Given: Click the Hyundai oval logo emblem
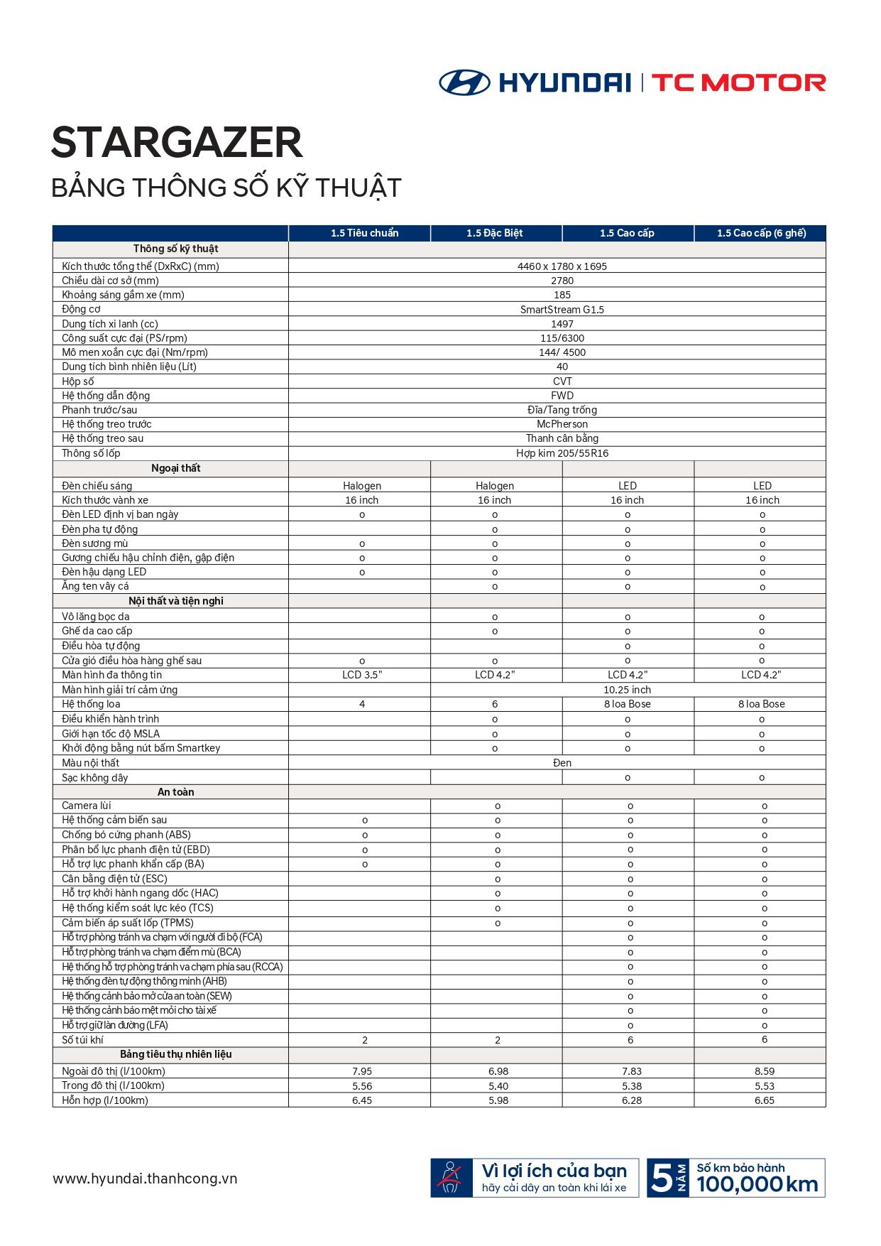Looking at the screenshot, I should [464, 82].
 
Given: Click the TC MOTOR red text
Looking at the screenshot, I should [738, 83].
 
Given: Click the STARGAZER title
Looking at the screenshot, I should [177, 143].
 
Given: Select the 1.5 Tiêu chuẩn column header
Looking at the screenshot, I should [364, 233].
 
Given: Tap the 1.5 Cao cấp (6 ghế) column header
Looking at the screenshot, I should [761, 233].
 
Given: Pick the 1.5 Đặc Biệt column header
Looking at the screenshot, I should [494, 233].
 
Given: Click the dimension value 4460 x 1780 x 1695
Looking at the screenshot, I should [562, 266].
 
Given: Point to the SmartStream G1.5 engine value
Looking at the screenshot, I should [562, 310].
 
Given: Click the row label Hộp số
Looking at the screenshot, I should [78, 381].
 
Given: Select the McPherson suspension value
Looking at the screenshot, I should [562, 424].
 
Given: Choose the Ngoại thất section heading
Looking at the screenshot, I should [175, 468].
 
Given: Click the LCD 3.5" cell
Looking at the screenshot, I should [362, 675].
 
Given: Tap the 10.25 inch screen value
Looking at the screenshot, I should [627, 690].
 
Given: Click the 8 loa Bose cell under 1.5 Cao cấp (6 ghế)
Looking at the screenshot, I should [761, 704].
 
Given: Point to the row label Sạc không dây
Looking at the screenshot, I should [95, 778].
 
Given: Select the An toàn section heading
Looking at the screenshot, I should [175, 792].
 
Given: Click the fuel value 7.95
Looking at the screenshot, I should [362, 1071].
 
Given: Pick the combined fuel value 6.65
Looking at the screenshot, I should [765, 1100].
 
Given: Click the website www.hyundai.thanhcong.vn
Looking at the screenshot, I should [145, 1179].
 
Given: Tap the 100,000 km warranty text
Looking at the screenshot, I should [757, 1184].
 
